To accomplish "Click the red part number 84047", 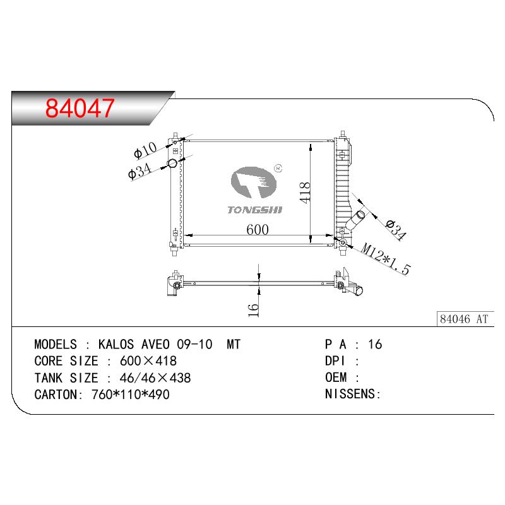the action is point(80,108).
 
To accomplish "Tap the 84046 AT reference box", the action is point(465,319).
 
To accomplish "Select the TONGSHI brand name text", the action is point(255,210).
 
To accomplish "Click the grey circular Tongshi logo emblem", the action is point(254,182).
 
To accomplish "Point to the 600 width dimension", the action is point(258,230).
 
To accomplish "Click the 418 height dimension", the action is point(305,193).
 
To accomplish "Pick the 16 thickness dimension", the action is point(254,310).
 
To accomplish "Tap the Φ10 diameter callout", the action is point(145,150).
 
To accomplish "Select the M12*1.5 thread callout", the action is point(386,259).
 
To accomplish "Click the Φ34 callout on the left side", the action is point(140,170).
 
